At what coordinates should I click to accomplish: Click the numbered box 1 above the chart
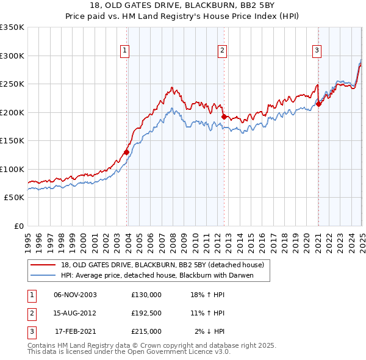(x=124, y=51)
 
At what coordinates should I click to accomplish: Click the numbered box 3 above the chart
(x=317, y=51)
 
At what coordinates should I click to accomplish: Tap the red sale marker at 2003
(x=127, y=152)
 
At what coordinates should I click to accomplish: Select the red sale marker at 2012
(x=224, y=117)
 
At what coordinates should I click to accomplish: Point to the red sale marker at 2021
(x=318, y=104)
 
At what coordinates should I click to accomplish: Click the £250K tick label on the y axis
(x=12, y=84)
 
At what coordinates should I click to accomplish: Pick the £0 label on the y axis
(x=18, y=226)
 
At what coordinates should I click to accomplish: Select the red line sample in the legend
(x=44, y=265)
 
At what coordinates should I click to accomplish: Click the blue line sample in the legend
(x=44, y=275)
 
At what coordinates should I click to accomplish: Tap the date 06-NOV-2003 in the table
(x=75, y=295)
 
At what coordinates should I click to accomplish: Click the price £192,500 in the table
(x=146, y=313)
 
